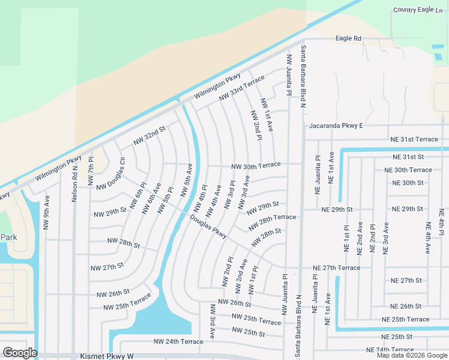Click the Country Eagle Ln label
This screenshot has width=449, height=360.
coord(421,10)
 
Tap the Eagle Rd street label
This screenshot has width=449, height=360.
coord(349,38)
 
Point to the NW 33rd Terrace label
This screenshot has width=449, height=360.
coord(241,88)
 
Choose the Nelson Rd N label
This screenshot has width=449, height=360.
coord(75,184)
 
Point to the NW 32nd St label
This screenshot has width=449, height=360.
coord(149,135)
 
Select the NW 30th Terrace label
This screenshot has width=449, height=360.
coord(256,166)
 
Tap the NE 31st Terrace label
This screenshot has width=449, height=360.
coord(414,139)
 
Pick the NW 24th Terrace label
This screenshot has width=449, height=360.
coord(178,341)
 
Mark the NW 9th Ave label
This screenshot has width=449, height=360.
coord(46,212)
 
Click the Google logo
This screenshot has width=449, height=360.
coord(19,353)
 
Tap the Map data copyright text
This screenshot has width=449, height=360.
coord(412,355)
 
